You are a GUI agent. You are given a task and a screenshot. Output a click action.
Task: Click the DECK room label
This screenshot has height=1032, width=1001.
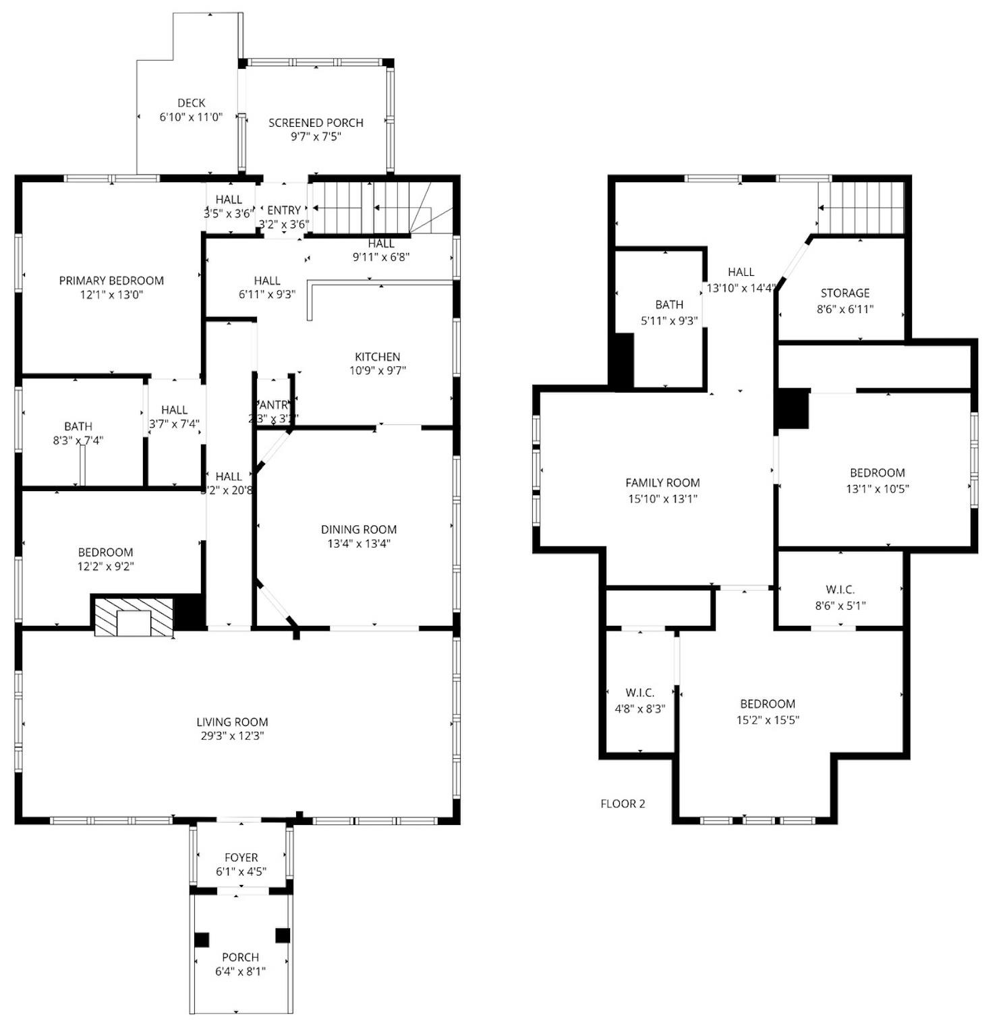(x=191, y=103)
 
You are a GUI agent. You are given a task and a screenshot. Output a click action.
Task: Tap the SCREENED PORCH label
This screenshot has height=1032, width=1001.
(x=316, y=123)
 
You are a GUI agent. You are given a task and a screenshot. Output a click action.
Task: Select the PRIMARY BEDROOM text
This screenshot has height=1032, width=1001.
(x=111, y=281)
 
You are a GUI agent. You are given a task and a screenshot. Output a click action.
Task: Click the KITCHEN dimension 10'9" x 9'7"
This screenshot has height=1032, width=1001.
(x=378, y=370)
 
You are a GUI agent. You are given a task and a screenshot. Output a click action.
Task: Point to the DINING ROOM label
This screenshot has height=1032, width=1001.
(x=358, y=529)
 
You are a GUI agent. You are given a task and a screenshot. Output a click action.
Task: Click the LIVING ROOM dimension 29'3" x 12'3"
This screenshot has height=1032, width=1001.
(x=232, y=736)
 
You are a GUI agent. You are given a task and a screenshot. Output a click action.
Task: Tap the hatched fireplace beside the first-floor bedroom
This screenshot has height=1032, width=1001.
(x=133, y=617)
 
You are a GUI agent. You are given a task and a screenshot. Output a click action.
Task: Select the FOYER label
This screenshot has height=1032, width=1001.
(x=241, y=857)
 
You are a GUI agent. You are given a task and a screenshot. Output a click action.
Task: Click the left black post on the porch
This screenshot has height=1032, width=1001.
(x=202, y=939)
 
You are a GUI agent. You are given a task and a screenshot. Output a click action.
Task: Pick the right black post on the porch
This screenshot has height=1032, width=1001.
(x=283, y=936)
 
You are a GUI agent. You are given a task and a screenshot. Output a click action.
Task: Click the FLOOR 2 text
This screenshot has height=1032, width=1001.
(x=623, y=803)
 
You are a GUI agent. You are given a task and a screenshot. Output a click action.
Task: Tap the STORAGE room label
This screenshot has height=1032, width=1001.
(x=845, y=293)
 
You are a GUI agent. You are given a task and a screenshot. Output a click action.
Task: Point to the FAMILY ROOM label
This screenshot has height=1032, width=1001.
(x=662, y=482)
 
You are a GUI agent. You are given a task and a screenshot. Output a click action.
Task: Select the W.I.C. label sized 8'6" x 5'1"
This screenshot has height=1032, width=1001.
(x=840, y=590)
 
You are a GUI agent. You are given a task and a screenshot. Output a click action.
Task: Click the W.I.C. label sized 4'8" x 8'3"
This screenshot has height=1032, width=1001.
(x=639, y=693)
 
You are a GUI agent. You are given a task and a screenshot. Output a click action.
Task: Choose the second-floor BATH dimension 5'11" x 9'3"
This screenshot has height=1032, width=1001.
(x=669, y=321)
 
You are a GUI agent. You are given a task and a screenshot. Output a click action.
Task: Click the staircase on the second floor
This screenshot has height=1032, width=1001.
(x=861, y=208)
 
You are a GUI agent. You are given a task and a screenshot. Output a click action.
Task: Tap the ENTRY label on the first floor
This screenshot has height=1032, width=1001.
(x=284, y=210)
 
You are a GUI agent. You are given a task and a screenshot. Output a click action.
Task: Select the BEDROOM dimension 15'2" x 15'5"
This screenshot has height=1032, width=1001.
(x=768, y=720)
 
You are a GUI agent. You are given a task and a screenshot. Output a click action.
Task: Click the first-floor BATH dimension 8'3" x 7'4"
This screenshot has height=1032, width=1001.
(x=78, y=440)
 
